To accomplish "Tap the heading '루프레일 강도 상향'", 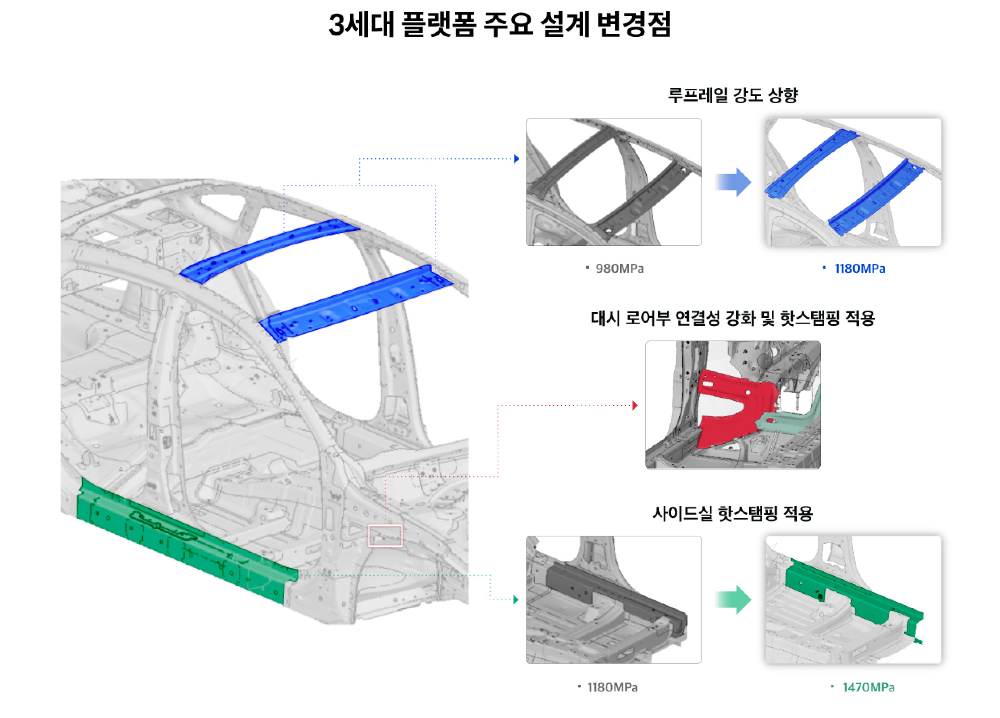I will (732, 95).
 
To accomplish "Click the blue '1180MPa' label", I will (859, 269).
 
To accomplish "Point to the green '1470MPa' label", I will (867, 687).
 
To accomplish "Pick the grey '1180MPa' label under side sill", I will (612, 687).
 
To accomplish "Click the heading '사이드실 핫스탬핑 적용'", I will (732, 513).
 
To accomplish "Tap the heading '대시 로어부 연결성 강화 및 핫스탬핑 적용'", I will (732, 318).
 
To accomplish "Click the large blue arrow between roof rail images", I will (733, 182).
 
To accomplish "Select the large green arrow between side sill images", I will (733, 599).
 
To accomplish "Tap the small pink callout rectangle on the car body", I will (385, 535).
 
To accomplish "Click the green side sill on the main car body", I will (185, 547).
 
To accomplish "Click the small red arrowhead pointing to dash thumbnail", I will (635, 405).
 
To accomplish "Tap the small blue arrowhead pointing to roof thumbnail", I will (516, 159).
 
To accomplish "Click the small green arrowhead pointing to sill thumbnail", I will (515, 599).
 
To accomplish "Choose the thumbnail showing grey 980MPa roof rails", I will (613, 182).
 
